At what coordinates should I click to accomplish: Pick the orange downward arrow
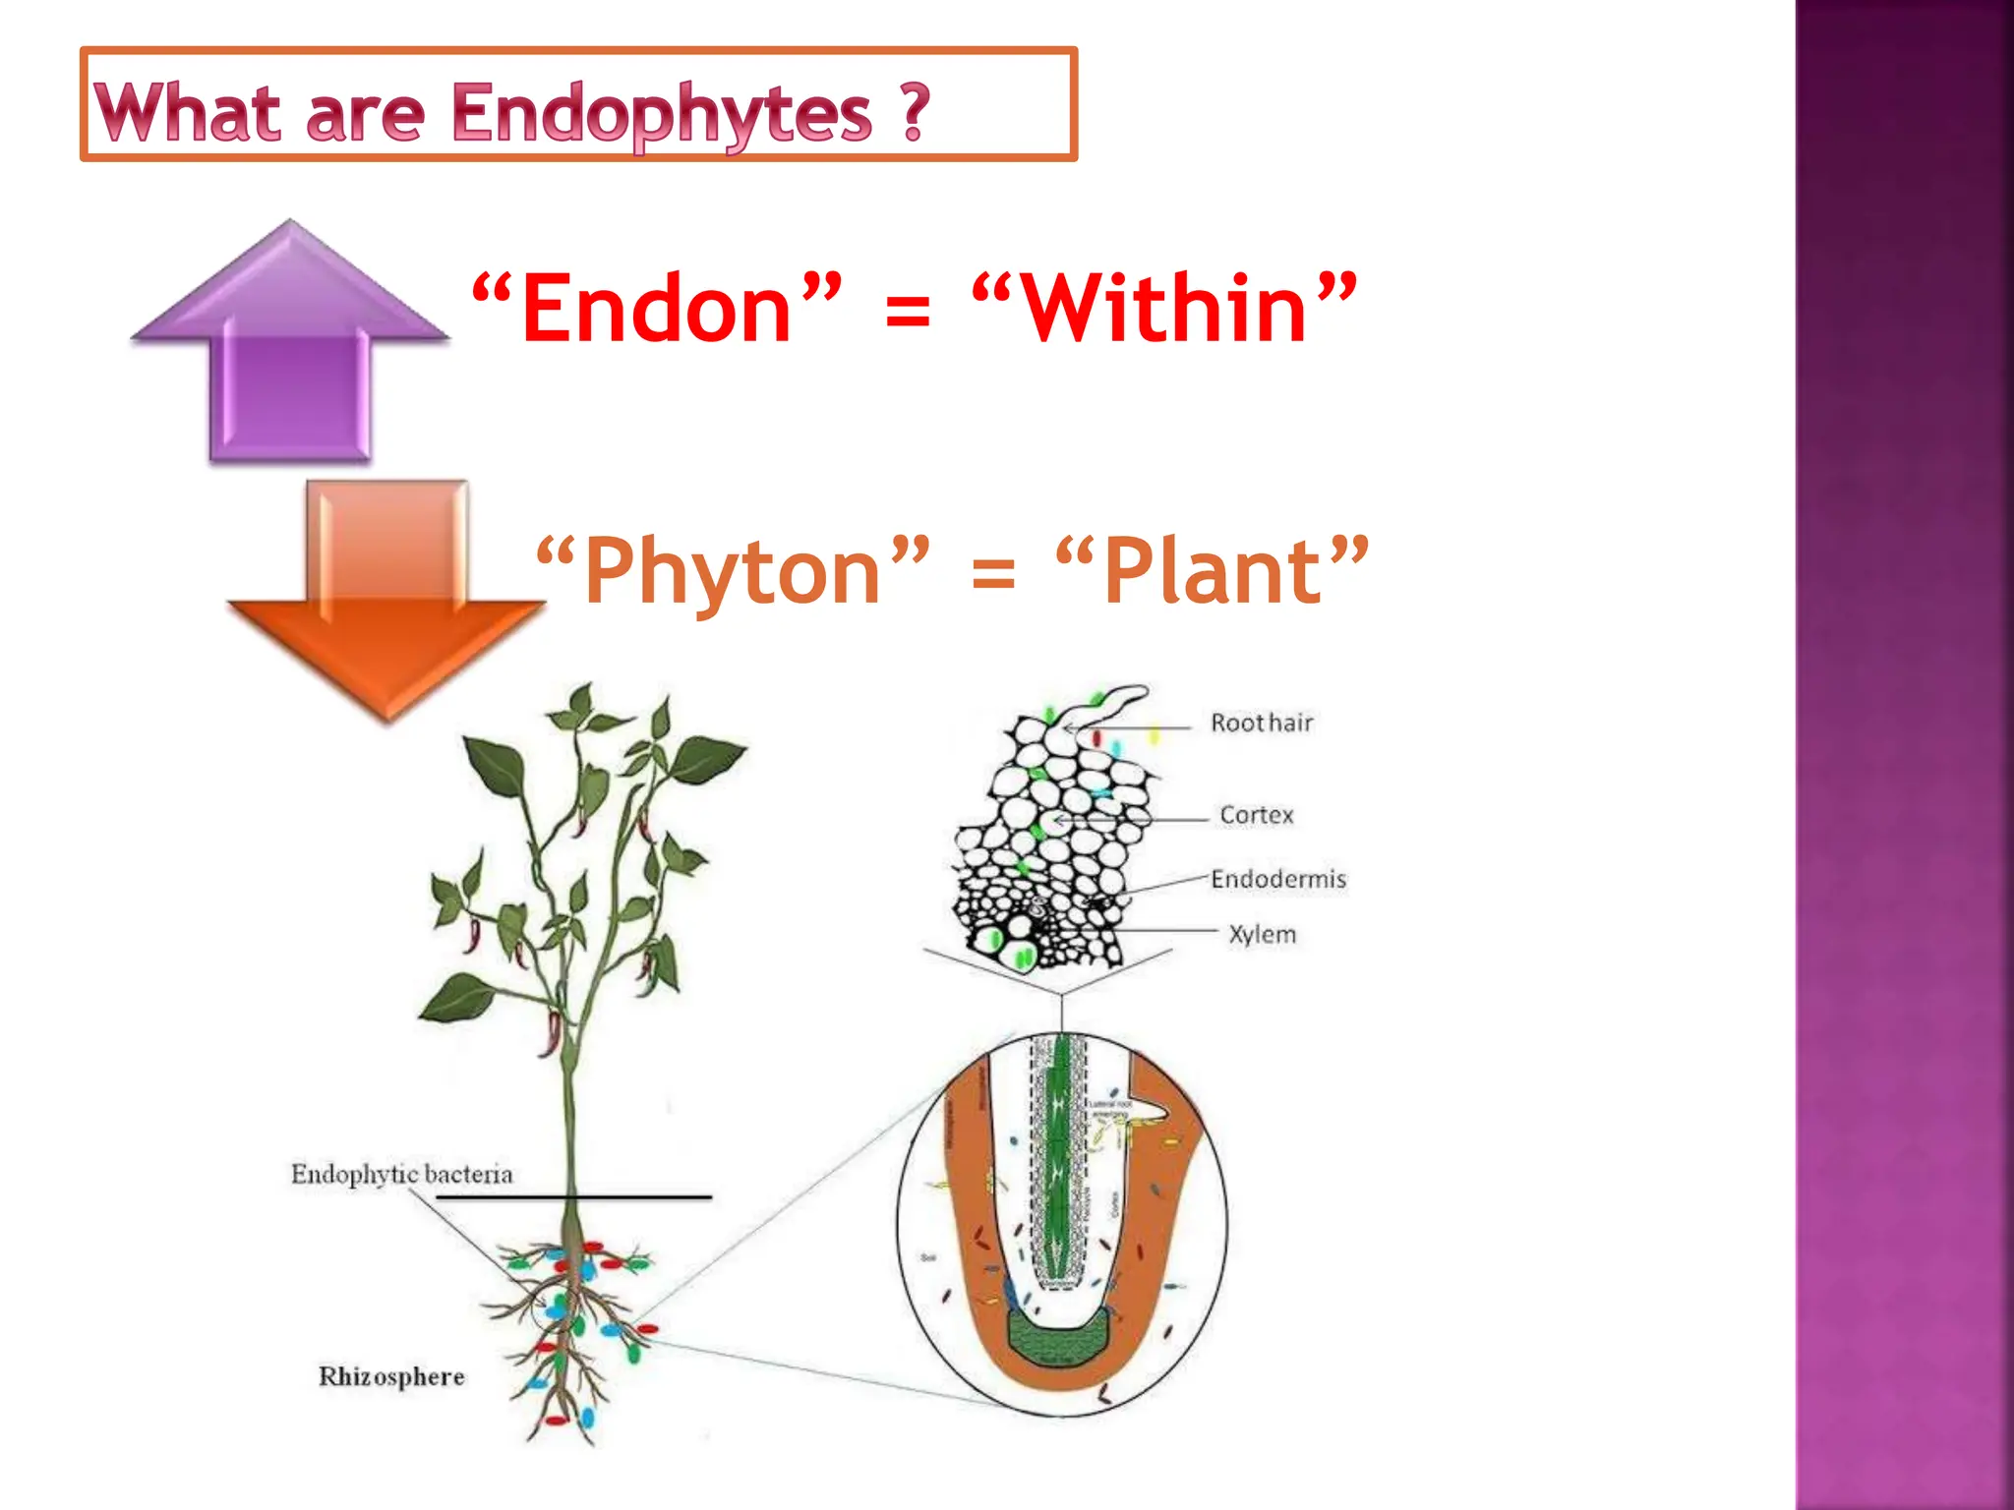coord(386,600)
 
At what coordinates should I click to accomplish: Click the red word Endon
coord(656,309)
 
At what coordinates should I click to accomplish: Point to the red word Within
coord(1164,309)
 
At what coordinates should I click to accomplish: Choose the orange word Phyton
coord(732,571)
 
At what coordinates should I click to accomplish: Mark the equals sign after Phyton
coord(992,573)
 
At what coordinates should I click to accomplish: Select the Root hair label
coord(1262,724)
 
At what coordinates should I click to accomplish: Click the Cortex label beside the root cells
coord(1257,815)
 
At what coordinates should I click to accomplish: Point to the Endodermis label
coord(1277,879)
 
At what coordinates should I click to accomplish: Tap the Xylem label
coord(1262,934)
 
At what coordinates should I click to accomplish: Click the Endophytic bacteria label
coord(401,1174)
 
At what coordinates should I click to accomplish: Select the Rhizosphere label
coord(391,1376)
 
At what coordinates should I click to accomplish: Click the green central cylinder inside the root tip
coord(1058,1160)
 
